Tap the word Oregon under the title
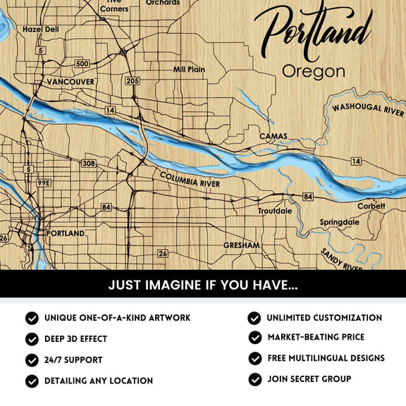314,71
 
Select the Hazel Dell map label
41,30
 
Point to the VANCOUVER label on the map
70,82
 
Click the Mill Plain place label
189,70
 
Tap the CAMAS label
273,136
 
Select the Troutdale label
275,211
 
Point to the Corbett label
371,206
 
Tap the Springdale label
339,222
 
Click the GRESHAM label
242,245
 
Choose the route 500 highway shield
82,64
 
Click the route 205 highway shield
131,81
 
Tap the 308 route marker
88,164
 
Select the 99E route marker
44,183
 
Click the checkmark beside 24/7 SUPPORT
32,360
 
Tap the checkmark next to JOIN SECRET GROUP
254,380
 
